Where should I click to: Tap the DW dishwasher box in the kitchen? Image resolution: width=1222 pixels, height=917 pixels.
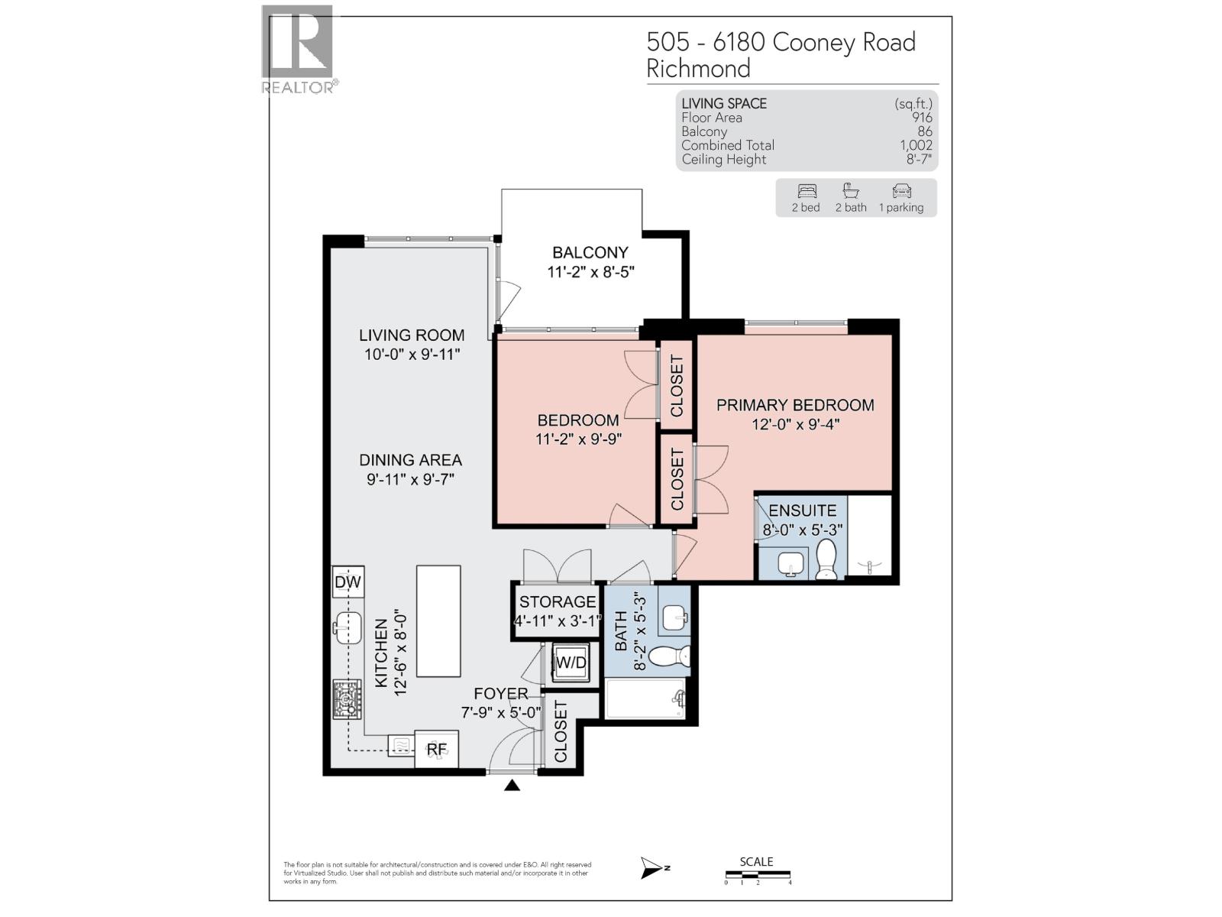coord(348,583)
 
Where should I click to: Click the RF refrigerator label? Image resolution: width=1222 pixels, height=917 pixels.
coord(436,749)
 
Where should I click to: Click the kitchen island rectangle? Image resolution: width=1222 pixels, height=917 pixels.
coord(438,621)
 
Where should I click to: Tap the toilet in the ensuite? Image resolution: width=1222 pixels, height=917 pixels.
coord(826,560)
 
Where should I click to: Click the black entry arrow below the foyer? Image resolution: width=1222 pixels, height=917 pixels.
coord(512,785)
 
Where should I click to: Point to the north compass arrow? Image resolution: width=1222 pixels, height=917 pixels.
coord(654,867)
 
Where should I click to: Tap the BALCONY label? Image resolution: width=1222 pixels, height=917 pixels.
coord(590,252)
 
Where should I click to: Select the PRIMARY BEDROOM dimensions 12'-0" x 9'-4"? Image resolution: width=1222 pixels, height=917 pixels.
coord(795,424)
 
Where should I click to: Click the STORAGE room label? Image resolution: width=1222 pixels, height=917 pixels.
coord(558,602)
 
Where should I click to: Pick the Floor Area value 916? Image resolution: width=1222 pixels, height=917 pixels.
coord(922,118)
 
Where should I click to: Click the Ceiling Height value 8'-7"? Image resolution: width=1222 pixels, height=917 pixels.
coord(919,160)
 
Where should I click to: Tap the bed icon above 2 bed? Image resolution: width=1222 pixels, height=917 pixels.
coord(807,191)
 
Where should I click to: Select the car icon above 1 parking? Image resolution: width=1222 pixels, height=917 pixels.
coord(901,191)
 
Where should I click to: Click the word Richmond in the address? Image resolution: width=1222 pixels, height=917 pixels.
coord(698,69)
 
